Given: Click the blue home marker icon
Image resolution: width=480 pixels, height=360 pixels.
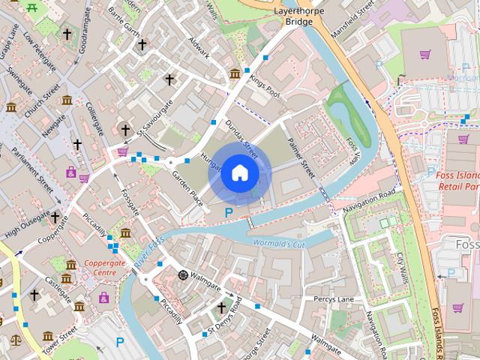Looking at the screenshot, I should click(238, 173).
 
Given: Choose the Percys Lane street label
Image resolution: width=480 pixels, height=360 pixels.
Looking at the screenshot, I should click(334, 299).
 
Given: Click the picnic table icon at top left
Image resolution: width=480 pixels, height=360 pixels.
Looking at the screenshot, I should click(32, 7).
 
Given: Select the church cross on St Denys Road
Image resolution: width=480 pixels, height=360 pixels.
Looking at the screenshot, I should click(221, 308).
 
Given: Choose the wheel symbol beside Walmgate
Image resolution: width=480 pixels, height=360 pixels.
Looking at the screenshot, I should click(182, 274).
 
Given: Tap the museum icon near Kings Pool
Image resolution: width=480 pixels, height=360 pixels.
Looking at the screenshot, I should click(235, 73).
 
